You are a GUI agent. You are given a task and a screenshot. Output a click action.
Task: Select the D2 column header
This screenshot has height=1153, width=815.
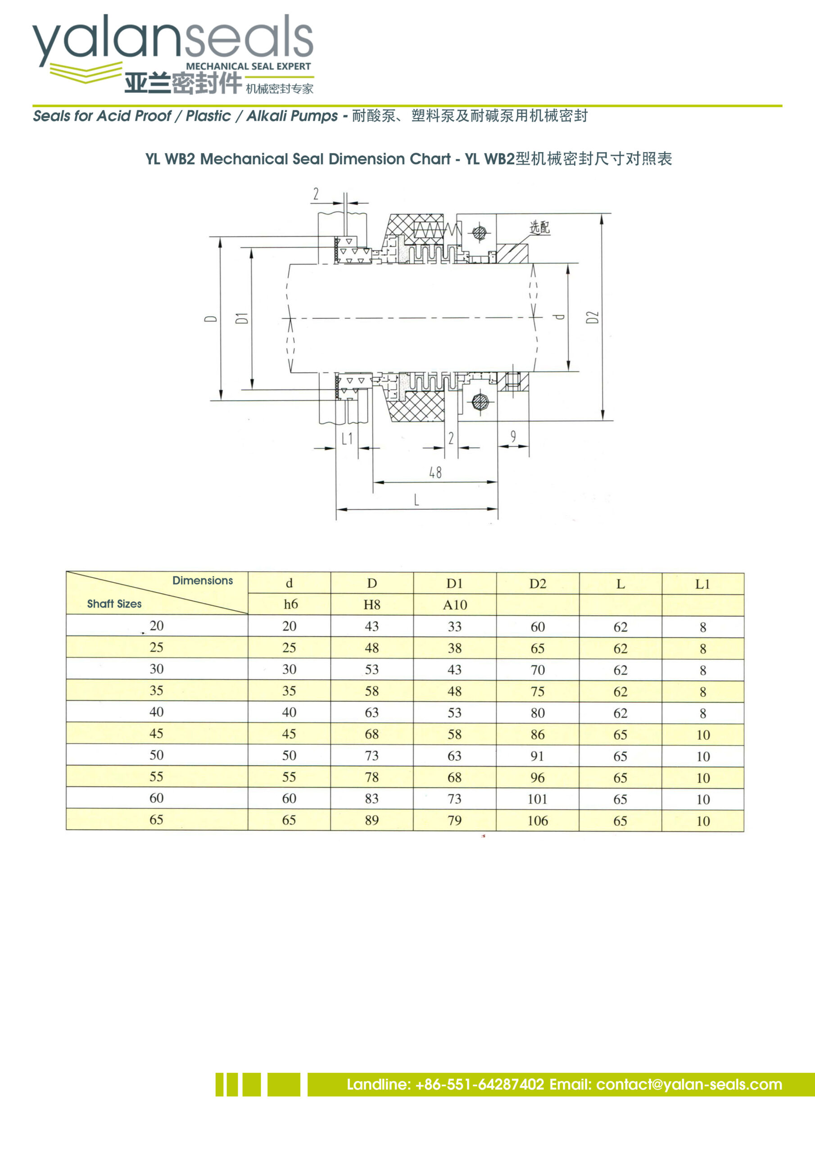click(537, 584)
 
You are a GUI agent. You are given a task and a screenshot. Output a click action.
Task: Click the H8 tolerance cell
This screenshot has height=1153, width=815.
click(371, 604)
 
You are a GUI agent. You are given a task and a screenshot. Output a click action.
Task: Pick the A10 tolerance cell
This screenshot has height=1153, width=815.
click(455, 604)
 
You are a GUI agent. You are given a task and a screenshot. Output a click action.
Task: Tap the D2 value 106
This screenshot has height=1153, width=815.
click(537, 821)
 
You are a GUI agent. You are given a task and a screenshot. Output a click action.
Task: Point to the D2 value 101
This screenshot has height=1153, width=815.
click(537, 799)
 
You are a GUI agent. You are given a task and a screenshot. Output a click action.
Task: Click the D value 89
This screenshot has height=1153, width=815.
click(371, 820)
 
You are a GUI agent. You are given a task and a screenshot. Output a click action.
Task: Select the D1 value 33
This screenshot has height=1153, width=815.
click(454, 626)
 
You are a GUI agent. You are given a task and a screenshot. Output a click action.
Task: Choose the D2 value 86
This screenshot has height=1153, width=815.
click(537, 735)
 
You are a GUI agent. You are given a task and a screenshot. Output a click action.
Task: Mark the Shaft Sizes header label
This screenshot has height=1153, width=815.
click(114, 604)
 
